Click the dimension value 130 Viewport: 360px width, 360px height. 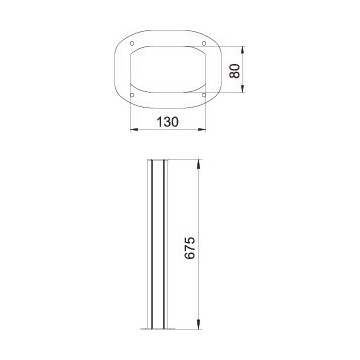168,122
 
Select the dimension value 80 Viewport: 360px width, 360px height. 235,71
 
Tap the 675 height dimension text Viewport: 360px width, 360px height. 190,248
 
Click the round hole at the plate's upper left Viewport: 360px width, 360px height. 132,43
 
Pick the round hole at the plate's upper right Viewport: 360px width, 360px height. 204,43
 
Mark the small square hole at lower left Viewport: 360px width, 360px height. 132,95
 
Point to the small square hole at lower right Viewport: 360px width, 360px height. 204,95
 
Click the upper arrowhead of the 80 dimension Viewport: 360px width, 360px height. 242,50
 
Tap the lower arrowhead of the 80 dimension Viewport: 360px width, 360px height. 242,88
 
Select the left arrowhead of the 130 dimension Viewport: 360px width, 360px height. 134,129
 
